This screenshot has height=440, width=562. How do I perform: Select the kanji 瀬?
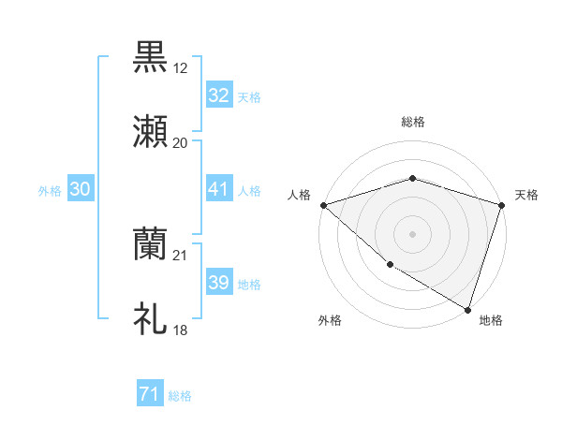(x=151, y=131)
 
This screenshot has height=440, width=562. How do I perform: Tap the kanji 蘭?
(x=151, y=243)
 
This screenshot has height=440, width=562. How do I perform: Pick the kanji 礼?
(x=151, y=318)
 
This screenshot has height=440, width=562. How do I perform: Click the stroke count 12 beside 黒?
(x=180, y=68)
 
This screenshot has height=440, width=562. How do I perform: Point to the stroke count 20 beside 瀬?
(x=180, y=143)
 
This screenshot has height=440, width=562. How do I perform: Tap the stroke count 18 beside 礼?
(x=180, y=330)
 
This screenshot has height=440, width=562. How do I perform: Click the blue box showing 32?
(x=219, y=95)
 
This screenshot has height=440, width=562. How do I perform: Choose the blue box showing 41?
(x=219, y=189)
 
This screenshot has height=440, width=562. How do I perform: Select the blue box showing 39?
(x=219, y=283)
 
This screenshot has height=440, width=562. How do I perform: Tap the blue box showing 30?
(x=81, y=189)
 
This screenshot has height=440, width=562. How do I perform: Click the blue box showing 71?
(x=150, y=395)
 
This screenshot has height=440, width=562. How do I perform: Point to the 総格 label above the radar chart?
(x=413, y=122)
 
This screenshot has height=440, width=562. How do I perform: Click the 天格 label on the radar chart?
(x=526, y=195)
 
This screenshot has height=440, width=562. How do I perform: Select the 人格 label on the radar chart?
(x=299, y=195)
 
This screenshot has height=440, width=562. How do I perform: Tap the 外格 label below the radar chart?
(x=330, y=320)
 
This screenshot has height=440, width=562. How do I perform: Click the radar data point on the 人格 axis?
(x=323, y=205)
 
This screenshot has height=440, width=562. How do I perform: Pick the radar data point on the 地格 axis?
(x=466, y=308)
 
